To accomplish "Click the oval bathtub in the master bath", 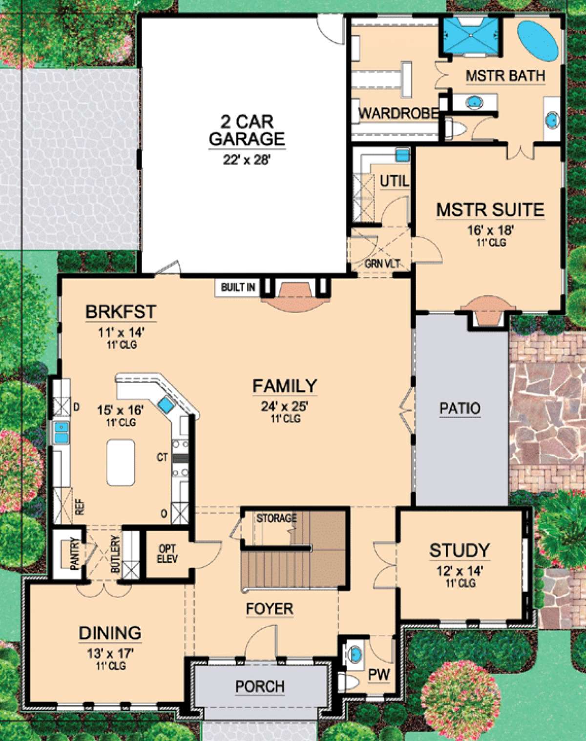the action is point(537,41).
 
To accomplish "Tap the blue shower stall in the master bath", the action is point(471,36).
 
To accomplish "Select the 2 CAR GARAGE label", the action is point(247,130).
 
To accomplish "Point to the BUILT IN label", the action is point(238,287).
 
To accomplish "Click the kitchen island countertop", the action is point(121,462).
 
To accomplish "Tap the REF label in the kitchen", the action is point(80,508).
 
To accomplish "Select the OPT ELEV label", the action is point(167,554).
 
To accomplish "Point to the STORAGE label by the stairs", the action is point(276,517).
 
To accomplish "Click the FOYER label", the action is point(270,609).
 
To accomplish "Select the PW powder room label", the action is point(379,675).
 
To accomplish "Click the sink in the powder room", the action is point(356,653).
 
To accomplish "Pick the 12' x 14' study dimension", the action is point(459,571).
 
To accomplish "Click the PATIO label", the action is point(460,409).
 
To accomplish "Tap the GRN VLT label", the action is point(382,264).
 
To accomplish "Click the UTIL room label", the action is point(395,182).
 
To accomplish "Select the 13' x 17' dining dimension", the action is point(110,653).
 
